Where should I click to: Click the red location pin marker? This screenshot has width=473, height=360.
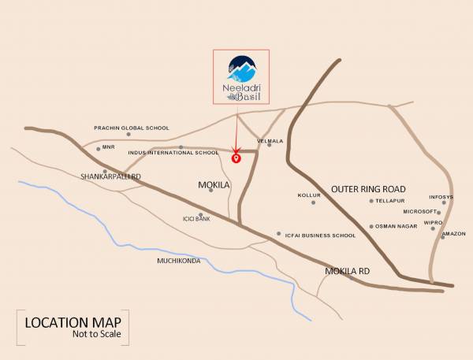[x=235, y=158]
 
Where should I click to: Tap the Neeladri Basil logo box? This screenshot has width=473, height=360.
[x=241, y=77]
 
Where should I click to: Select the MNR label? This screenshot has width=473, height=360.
[x=107, y=147]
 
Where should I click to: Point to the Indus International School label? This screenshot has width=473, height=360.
[x=173, y=152]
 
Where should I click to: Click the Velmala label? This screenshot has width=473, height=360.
[x=270, y=141]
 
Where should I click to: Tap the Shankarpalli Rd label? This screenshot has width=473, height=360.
[x=110, y=177]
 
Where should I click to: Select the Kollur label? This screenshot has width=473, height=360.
[x=308, y=195]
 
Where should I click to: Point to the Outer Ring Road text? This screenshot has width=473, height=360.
[x=368, y=189]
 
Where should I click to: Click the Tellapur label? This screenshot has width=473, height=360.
[x=389, y=201]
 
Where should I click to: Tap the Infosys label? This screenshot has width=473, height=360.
[x=441, y=197]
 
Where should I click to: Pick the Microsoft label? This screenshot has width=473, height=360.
[x=419, y=212]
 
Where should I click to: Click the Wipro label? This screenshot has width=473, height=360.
[x=433, y=223]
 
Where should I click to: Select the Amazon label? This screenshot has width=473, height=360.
[x=454, y=234]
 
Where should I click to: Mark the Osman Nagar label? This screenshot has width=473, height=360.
[x=394, y=227]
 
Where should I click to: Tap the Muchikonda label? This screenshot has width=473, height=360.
[x=179, y=260]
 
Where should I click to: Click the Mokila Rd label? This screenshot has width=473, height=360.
[x=348, y=271]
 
